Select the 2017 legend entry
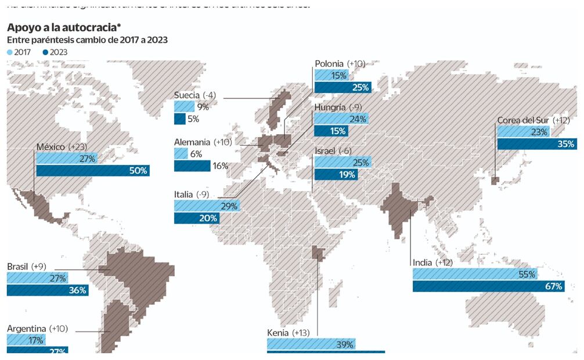[19, 52]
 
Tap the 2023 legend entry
[55, 52]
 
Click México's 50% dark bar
[93, 171]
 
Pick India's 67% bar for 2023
[488, 286]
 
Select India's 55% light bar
[475, 274]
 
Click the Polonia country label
[330, 63]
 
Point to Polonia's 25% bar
[343, 88]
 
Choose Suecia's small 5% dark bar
[179, 119]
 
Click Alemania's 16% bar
[192, 166]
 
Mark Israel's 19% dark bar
[336, 174]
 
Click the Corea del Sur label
[523, 120]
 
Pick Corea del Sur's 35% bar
[536, 144]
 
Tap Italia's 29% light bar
[207, 206]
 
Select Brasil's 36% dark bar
[48, 290]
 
